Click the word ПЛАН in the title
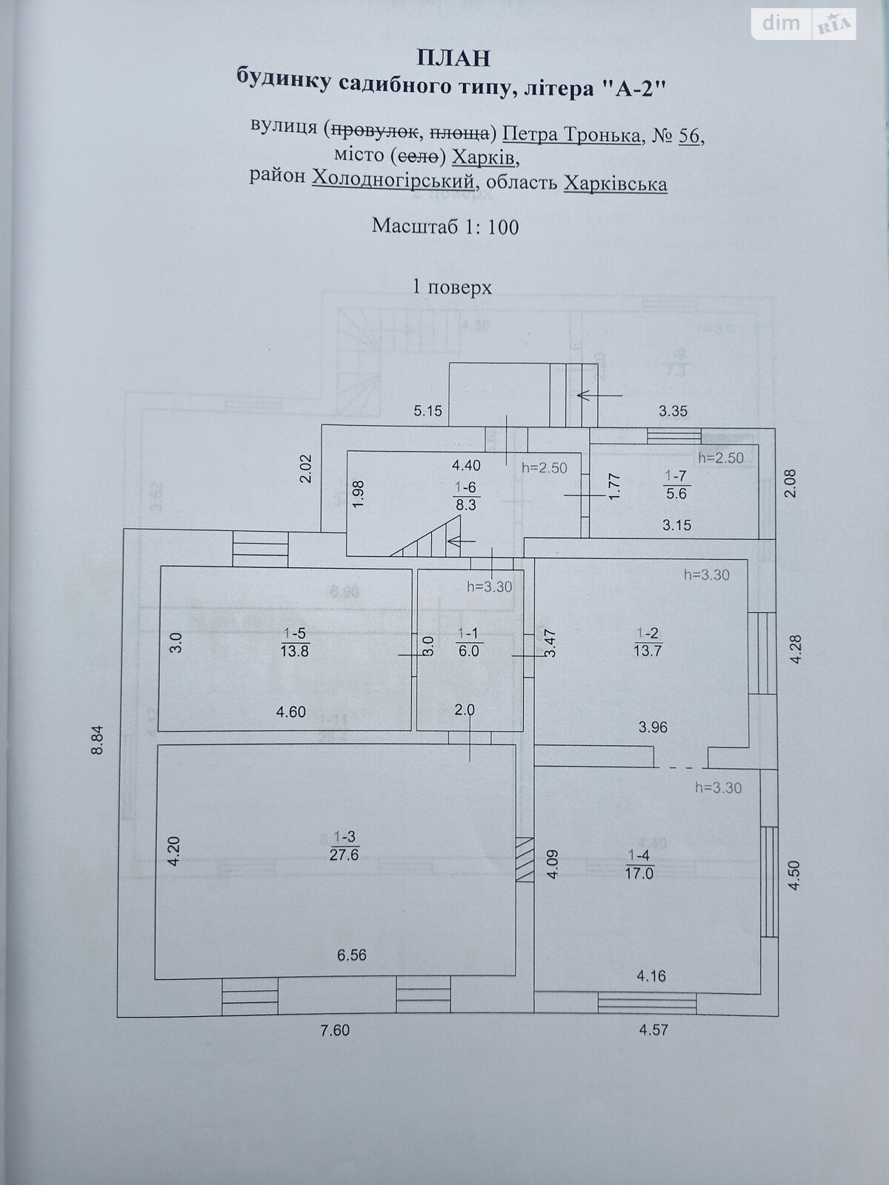(x=453, y=57)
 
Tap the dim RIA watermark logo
(x=805, y=24)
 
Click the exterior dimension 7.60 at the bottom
(x=334, y=1030)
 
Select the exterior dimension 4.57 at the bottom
(x=653, y=1030)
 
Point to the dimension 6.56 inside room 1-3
(x=352, y=955)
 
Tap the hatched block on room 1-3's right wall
(x=525, y=860)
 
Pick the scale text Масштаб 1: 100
(x=445, y=226)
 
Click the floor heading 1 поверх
(x=452, y=287)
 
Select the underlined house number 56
(x=689, y=136)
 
